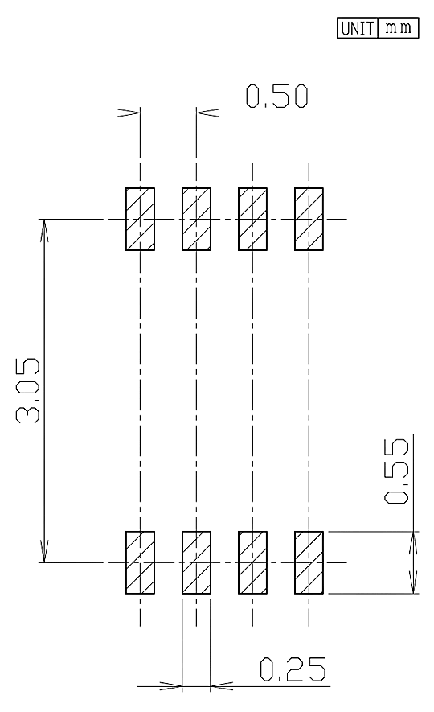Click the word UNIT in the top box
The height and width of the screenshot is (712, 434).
pyautogui.click(x=357, y=28)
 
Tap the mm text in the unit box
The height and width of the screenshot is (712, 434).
pyautogui.click(x=398, y=27)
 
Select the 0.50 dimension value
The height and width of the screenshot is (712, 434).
pyautogui.click(x=277, y=97)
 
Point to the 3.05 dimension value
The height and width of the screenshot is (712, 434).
pyautogui.click(x=28, y=391)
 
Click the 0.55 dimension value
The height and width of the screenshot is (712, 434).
pyautogui.click(x=396, y=471)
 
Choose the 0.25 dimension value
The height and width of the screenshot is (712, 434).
pyautogui.click(x=293, y=669)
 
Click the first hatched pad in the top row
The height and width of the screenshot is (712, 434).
pyautogui.click(x=140, y=219)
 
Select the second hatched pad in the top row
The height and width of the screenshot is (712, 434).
pyautogui.click(x=196, y=219)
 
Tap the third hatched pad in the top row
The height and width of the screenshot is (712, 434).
pyautogui.click(x=252, y=219)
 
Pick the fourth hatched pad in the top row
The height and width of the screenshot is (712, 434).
pyautogui.click(x=309, y=219)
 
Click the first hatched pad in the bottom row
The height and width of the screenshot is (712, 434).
pyautogui.click(x=140, y=562)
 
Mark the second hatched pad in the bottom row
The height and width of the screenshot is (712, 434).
pyautogui.click(x=196, y=562)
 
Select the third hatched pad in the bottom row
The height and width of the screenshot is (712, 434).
pyautogui.click(x=252, y=562)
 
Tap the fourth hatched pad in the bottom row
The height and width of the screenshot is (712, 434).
pyautogui.click(x=309, y=562)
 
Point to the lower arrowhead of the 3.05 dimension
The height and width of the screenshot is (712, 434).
pyautogui.click(x=44, y=551)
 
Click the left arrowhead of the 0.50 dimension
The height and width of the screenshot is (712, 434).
pyautogui.click(x=129, y=113)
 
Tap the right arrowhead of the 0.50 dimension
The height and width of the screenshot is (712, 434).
pyautogui.click(x=207, y=113)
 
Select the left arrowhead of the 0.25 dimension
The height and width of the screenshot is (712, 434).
pyautogui.click(x=171, y=686)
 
